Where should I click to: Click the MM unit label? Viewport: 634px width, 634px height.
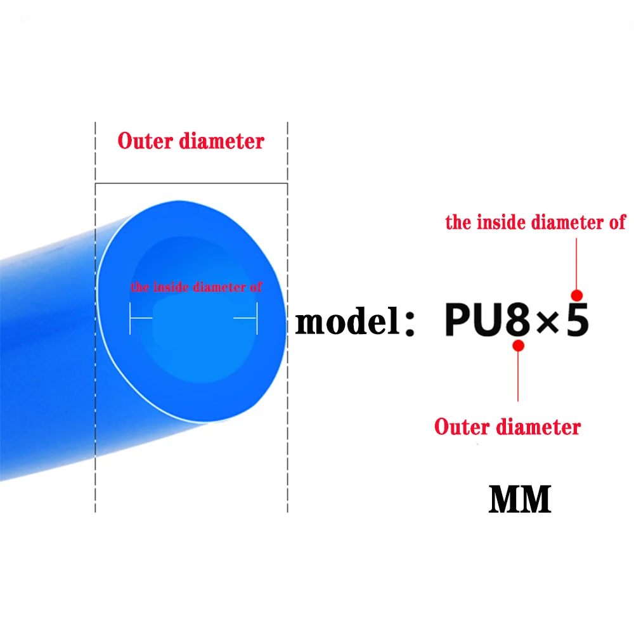pos(519,500)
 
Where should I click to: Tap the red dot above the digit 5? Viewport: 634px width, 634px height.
pos(576,294)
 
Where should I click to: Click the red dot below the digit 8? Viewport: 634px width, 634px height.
pos(518,346)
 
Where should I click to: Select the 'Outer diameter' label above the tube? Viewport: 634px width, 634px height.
pos(190,141)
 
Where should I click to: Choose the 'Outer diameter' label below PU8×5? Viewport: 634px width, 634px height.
pos(507,427)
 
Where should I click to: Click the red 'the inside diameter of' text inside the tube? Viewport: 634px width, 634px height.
pos(196,287)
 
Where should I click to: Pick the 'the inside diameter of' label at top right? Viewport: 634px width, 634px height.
pos(535,223)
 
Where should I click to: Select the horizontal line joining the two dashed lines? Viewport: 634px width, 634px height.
pos(190,184)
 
